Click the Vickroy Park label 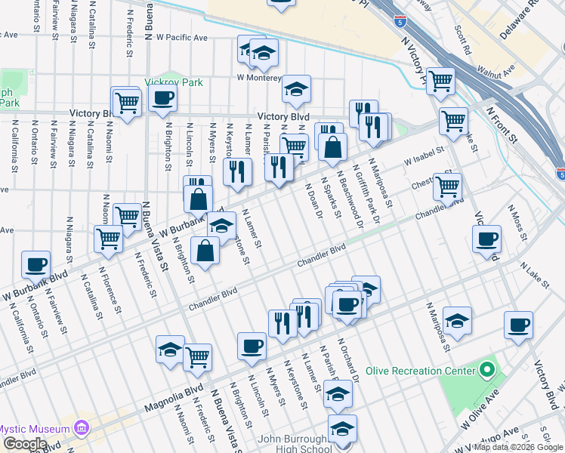pyautogui.click(x=174, y=82)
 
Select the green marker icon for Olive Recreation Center pyautogui.click(x=487, y=370)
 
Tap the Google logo pyautogui.click(x=24, y=444)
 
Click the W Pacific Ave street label pyautogui.click(x=178, y=37)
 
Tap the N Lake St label pyautogui.click(x=534, y=274)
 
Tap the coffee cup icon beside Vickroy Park pyautogui.click(x=162, y=98)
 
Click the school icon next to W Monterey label pyautogui.click(x=297, y=89)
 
